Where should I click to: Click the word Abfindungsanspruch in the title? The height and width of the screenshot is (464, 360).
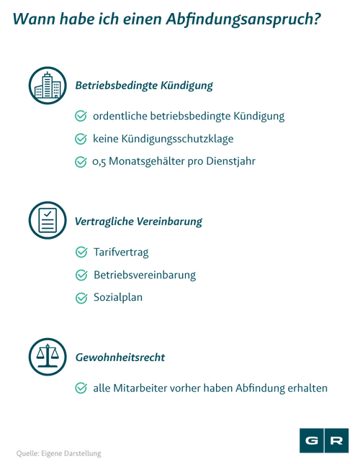243,19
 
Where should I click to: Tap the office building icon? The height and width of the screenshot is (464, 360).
48,86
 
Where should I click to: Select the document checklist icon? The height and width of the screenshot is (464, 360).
48,220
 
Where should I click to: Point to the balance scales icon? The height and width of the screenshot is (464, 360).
48,357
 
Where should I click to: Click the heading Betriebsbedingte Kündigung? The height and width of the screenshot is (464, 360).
144,86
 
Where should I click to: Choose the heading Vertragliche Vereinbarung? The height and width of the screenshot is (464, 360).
138,222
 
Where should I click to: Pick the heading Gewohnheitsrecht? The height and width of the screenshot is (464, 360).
120,358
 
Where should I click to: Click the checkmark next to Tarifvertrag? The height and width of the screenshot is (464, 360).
81,252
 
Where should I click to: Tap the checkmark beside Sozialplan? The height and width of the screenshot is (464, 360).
81,298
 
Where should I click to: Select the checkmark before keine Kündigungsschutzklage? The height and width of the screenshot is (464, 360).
81,139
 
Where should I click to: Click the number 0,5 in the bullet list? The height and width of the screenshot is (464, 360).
99,162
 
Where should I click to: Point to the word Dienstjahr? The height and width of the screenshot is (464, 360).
230,161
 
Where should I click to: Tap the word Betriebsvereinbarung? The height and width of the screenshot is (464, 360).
145,275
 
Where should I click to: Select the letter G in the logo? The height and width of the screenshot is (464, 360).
312,440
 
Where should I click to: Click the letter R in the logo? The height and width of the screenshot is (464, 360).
336,440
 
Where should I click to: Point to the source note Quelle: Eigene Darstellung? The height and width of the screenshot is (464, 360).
58,453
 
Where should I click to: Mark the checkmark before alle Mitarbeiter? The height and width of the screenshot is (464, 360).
81,388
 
